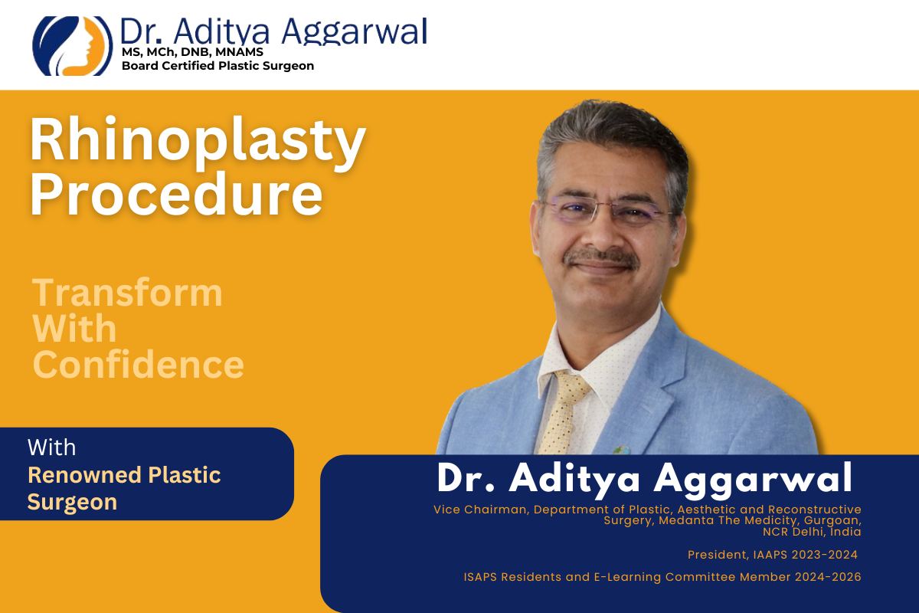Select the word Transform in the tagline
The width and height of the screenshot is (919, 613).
(127, 293)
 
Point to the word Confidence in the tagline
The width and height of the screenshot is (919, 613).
(138, 365)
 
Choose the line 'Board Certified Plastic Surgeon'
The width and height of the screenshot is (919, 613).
(217, 66)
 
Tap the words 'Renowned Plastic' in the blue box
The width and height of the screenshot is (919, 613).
(124, 475)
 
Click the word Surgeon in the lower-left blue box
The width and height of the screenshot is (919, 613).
(72, 502)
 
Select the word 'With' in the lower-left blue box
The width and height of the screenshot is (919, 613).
(51, 447)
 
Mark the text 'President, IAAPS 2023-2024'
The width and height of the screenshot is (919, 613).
(772, 555)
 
